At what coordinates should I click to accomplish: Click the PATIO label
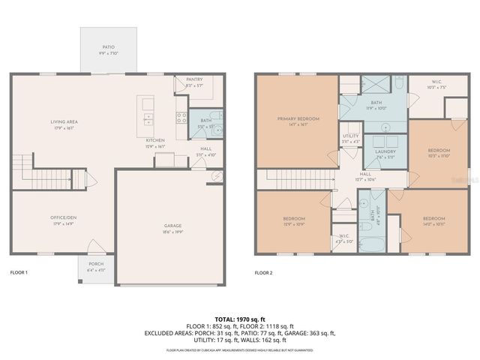(x=109, y=47)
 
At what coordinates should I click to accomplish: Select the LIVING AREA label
(x=64, y=121)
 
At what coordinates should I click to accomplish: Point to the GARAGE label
(x=173, y=226)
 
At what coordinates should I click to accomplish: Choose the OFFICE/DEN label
(x=54, y=217)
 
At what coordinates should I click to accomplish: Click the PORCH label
(x=96, y=263)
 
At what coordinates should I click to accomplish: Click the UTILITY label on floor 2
(x=351, y=136)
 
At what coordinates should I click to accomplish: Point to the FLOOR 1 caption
(x=19, y=272)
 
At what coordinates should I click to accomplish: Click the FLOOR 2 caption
(x=264, y=272)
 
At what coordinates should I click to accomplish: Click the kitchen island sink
(x=148, y=117)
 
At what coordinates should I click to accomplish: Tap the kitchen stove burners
(x=181, y=116)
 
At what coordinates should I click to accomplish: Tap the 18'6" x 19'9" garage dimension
(x=173, y=232)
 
